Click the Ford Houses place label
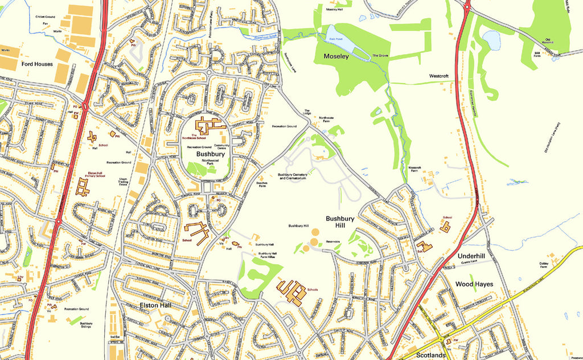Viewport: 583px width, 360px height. click(x=37, y=64)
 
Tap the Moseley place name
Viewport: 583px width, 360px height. click(x=336, y=56)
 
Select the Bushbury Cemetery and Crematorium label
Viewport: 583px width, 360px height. click(x=292, y=177)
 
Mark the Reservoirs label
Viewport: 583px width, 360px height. click(x=332, y=242)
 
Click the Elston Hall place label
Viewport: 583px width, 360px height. click(x=155, y=305)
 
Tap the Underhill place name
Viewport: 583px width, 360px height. click(x=471, y=257)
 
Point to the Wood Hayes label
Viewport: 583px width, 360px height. click(x=474, y=284)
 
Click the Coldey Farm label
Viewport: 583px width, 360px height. click(x=543, y=265)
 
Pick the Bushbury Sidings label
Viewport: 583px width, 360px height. click(x=86, y=326)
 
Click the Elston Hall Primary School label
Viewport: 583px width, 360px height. click(x=93, y=174)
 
